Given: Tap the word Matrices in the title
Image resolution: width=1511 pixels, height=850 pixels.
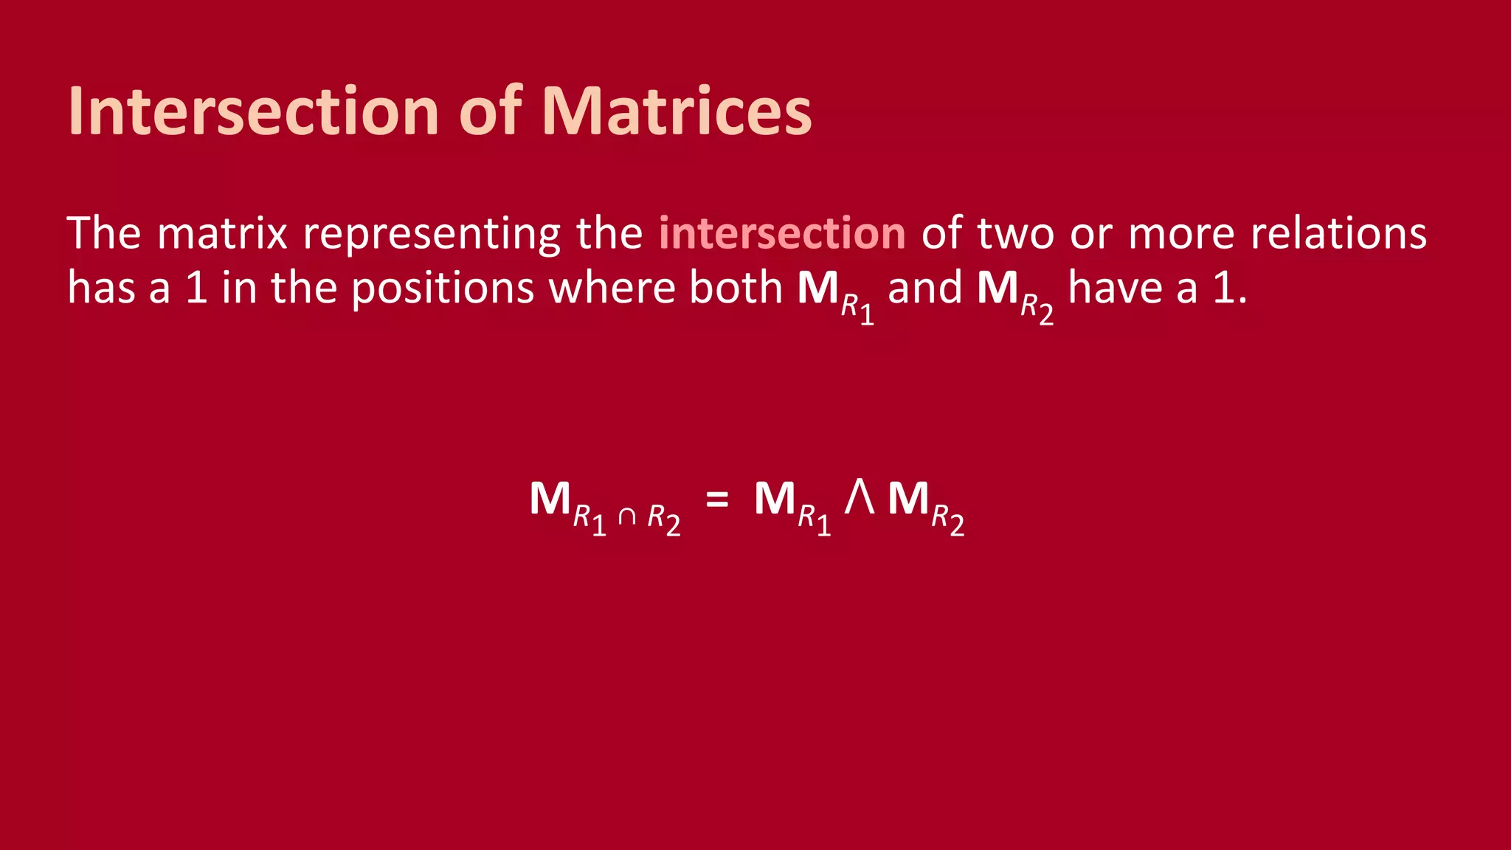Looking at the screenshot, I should coord(677,112).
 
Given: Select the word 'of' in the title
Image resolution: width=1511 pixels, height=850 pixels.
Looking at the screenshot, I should coord(491,112).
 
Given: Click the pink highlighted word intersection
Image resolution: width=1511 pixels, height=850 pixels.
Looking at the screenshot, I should coord(782,233).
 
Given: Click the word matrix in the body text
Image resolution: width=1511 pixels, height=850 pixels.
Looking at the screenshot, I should coord(222,233).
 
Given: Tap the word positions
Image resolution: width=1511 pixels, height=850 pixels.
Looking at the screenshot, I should coord(442,288).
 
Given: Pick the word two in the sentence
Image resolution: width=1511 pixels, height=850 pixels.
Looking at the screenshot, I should coord(1016,233).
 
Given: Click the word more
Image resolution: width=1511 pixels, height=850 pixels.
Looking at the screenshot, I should coord(1181,235).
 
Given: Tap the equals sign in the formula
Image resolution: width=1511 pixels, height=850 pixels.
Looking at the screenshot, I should coord(717,500).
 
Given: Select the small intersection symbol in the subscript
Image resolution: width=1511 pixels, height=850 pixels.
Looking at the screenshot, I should coord(626,516).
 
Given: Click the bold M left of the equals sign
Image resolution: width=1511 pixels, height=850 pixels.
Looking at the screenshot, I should coord(550,499).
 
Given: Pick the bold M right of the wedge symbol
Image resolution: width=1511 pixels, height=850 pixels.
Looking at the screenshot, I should coord(908,499).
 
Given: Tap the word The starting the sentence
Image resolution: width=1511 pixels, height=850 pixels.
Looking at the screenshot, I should coord(103,233).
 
